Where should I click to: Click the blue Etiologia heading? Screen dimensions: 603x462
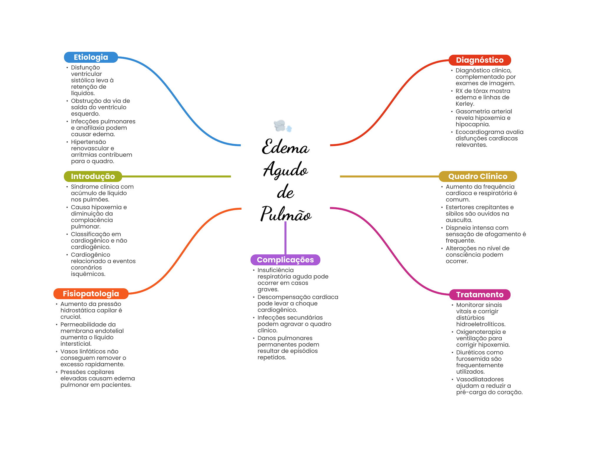91,57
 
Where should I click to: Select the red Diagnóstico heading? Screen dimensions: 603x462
479,60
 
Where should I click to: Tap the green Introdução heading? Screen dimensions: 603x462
93,176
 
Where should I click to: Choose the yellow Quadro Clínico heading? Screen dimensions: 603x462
478,176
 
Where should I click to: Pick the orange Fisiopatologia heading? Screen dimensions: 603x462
91,294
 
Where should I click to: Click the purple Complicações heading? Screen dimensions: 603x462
285,260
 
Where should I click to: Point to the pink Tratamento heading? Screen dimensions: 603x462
479,294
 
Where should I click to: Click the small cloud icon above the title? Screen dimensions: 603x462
282,126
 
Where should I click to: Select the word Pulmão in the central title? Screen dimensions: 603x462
286,214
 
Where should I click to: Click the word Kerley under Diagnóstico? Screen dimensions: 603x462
464,104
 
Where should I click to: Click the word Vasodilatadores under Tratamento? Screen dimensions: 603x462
480,380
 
